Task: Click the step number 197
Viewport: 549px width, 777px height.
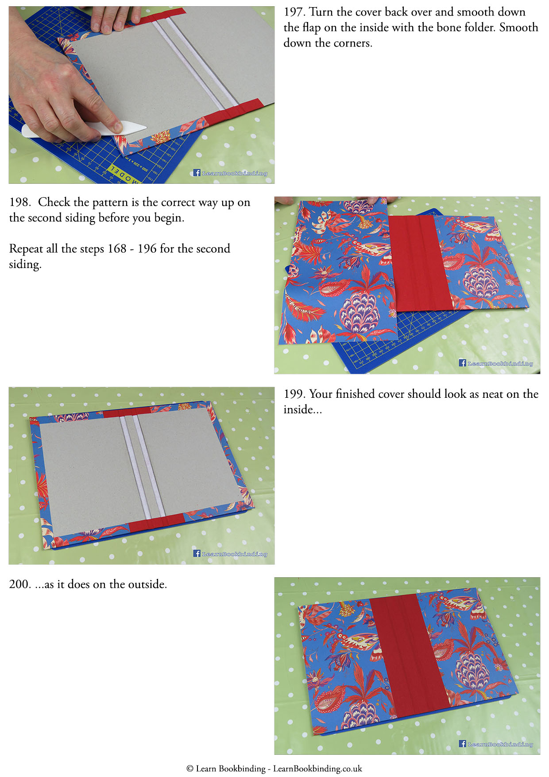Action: click(293, 12)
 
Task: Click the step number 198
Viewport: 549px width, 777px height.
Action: click(19, 203)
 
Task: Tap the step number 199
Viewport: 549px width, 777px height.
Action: click(294, 394)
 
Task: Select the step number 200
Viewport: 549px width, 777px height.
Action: click(19, 585)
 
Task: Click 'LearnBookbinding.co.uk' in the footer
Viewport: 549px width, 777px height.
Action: click(317, 769)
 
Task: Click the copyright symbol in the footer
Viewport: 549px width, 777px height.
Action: click(190, 769)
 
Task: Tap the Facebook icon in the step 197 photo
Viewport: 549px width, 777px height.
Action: click(197, 173)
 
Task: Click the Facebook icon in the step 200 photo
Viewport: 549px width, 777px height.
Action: click(463, 744)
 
